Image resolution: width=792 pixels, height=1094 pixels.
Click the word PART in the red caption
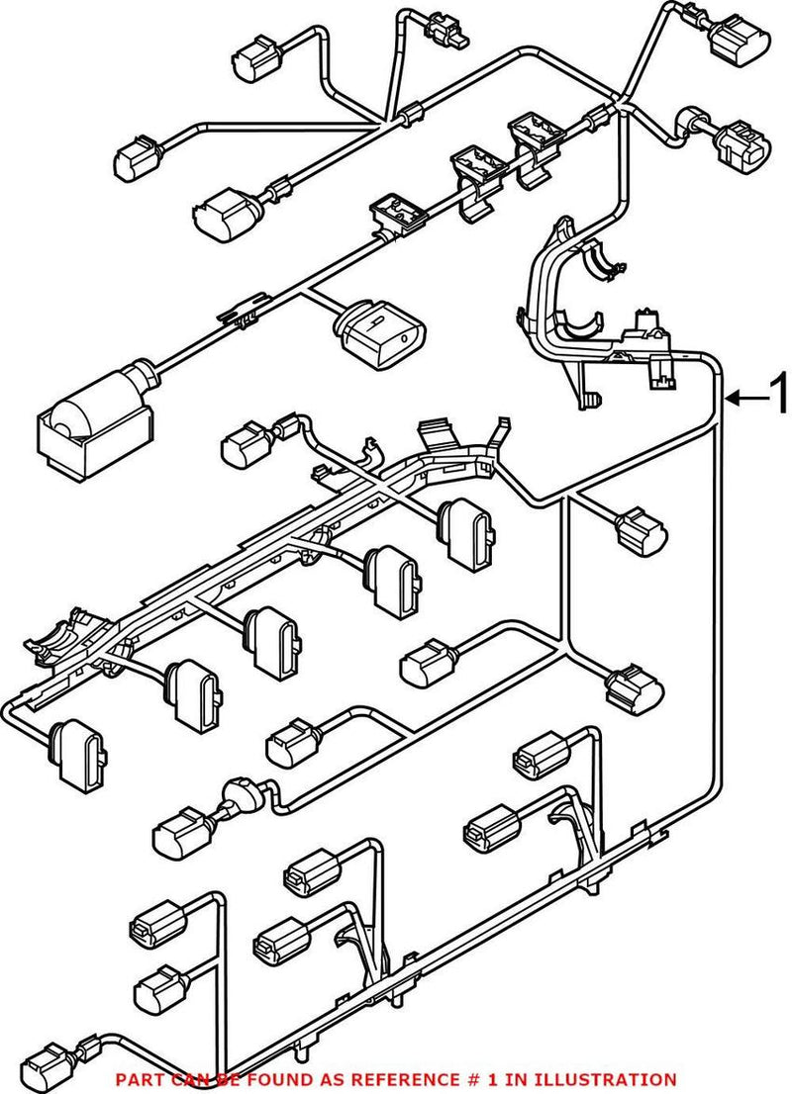point(135,1079)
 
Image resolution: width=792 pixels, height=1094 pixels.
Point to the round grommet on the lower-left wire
point(241,795)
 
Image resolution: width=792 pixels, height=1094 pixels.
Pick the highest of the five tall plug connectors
point(464,531)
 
